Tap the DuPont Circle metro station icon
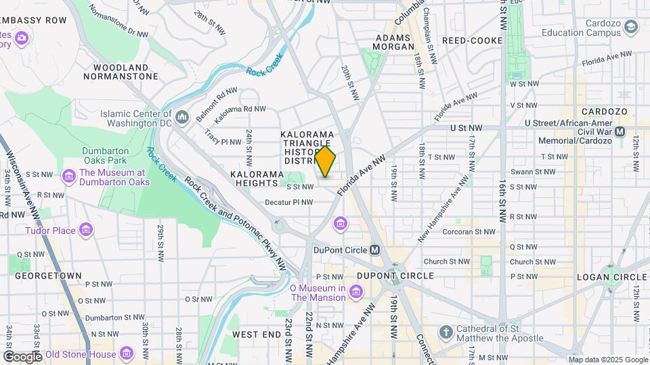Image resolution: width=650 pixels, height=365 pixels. tap(375, 250)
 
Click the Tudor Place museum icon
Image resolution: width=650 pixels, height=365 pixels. tap(86, 230)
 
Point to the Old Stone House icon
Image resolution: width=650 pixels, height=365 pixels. tap(126, 354)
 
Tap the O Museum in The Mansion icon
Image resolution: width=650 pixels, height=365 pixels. tap(357, 292)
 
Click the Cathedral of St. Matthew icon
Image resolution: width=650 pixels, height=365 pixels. tap(446, 333)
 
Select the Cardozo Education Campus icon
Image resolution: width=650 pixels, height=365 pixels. tap(631, 27)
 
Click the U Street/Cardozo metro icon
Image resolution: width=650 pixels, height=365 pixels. tap(620, 130)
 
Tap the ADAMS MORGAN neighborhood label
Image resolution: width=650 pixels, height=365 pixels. tap(394, 42)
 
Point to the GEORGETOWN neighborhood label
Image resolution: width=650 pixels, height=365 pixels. tap(49, 276)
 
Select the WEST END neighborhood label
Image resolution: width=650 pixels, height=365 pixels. tap(256, 335)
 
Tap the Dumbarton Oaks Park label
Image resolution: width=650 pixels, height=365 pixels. tap(104, 155)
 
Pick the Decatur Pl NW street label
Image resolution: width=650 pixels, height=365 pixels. tap(288, 201)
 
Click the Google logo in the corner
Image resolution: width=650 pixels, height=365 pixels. tap(22, 356)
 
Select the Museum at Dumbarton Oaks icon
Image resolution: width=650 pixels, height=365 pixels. tap(68, 177)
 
